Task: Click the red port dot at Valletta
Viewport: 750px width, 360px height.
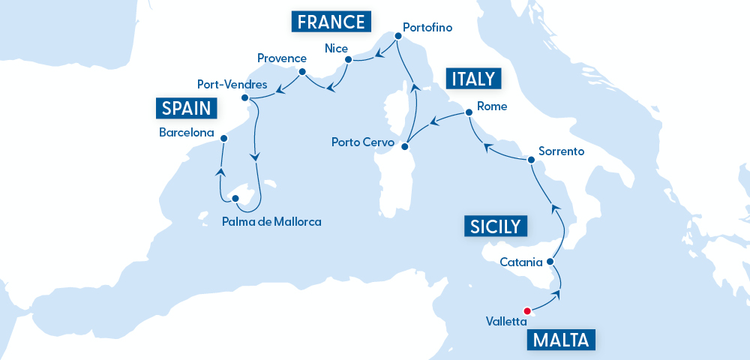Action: tap(527, 311)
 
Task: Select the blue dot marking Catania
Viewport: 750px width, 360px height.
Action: tap(550, 262)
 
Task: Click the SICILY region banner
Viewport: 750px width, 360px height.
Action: tap(495, 226)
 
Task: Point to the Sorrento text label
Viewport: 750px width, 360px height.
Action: tap(561, 151)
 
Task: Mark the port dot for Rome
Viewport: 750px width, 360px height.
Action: tap(469, 113)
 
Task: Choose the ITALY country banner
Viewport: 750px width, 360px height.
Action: tap(472, 79)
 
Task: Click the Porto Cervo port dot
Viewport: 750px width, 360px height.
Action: tap(403, 146)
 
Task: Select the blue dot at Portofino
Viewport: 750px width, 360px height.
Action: tap(397, 35)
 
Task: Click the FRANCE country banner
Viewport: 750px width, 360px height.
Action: tap(331, 22)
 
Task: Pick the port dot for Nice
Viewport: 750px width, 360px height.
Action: tap(349, 59)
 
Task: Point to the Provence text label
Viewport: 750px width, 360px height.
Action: tap(281, 58)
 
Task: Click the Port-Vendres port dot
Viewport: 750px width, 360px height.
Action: tap(245, 98)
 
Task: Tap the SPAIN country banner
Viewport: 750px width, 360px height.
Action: tap(187, 108)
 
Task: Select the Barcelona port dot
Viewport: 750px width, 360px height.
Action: tap(223, 138)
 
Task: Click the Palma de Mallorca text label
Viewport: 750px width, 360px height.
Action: tap(271, 221)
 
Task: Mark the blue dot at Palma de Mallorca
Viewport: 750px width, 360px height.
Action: tap(235, 199)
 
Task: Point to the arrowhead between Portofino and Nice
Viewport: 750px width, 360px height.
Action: tap(379, 53)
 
